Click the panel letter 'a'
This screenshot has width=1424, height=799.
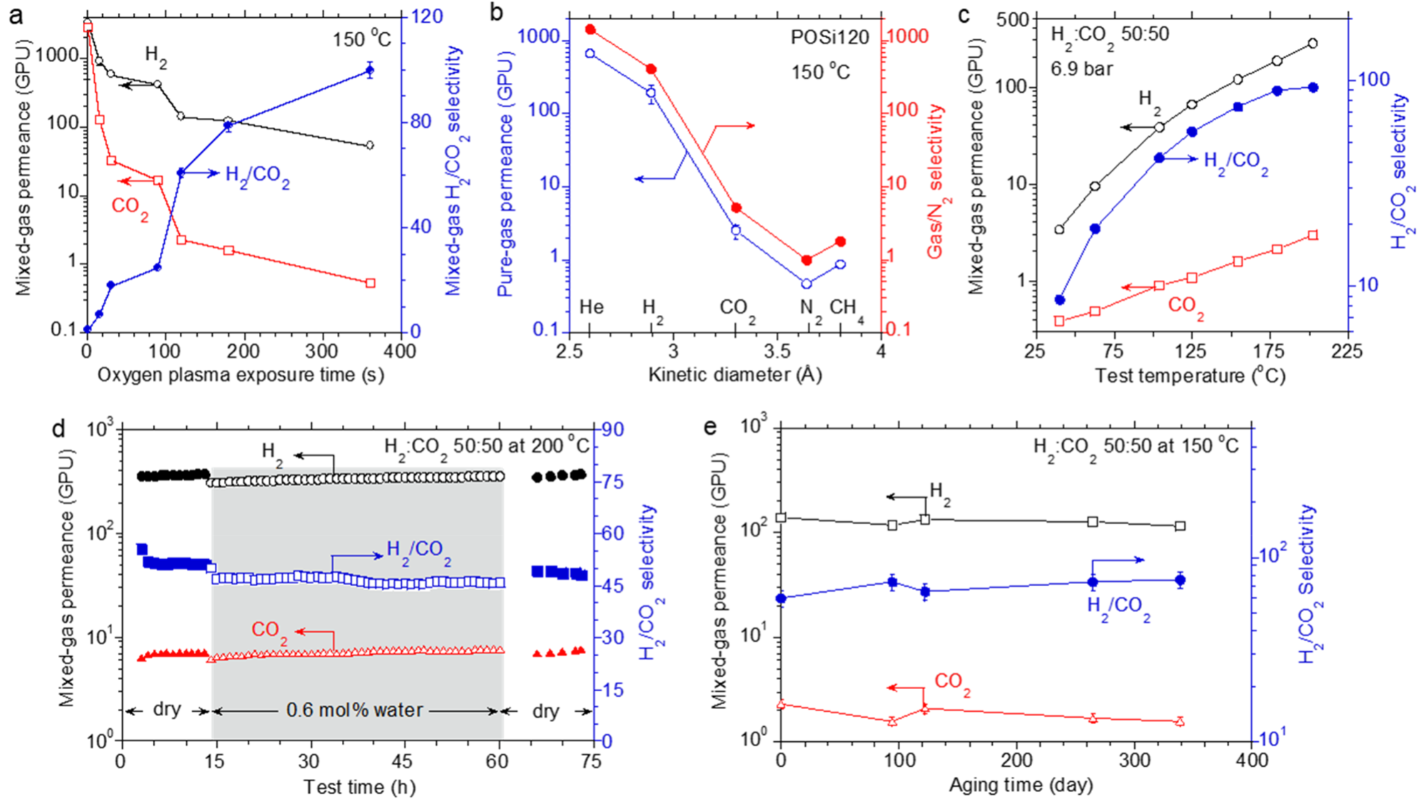(15, 15)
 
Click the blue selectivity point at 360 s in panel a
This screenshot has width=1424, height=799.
(370, 70)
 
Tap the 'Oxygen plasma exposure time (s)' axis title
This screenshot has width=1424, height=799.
(241, 375)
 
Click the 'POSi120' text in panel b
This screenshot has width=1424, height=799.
(829, 37)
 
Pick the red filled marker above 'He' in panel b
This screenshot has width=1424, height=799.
(590, 29)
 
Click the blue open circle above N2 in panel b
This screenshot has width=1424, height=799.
(807, 284)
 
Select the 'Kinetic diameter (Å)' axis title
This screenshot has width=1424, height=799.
(734, 375)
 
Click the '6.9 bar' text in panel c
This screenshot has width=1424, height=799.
(1081, 69)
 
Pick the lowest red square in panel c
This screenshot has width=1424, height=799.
(1059, 321)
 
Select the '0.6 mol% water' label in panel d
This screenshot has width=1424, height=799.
(355, 710)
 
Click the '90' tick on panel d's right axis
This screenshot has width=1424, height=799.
(612, 430)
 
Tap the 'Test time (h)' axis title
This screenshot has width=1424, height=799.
(359, 787)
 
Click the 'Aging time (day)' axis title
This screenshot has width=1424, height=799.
(1021, 785)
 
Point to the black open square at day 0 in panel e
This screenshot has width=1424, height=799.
(782, 518)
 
